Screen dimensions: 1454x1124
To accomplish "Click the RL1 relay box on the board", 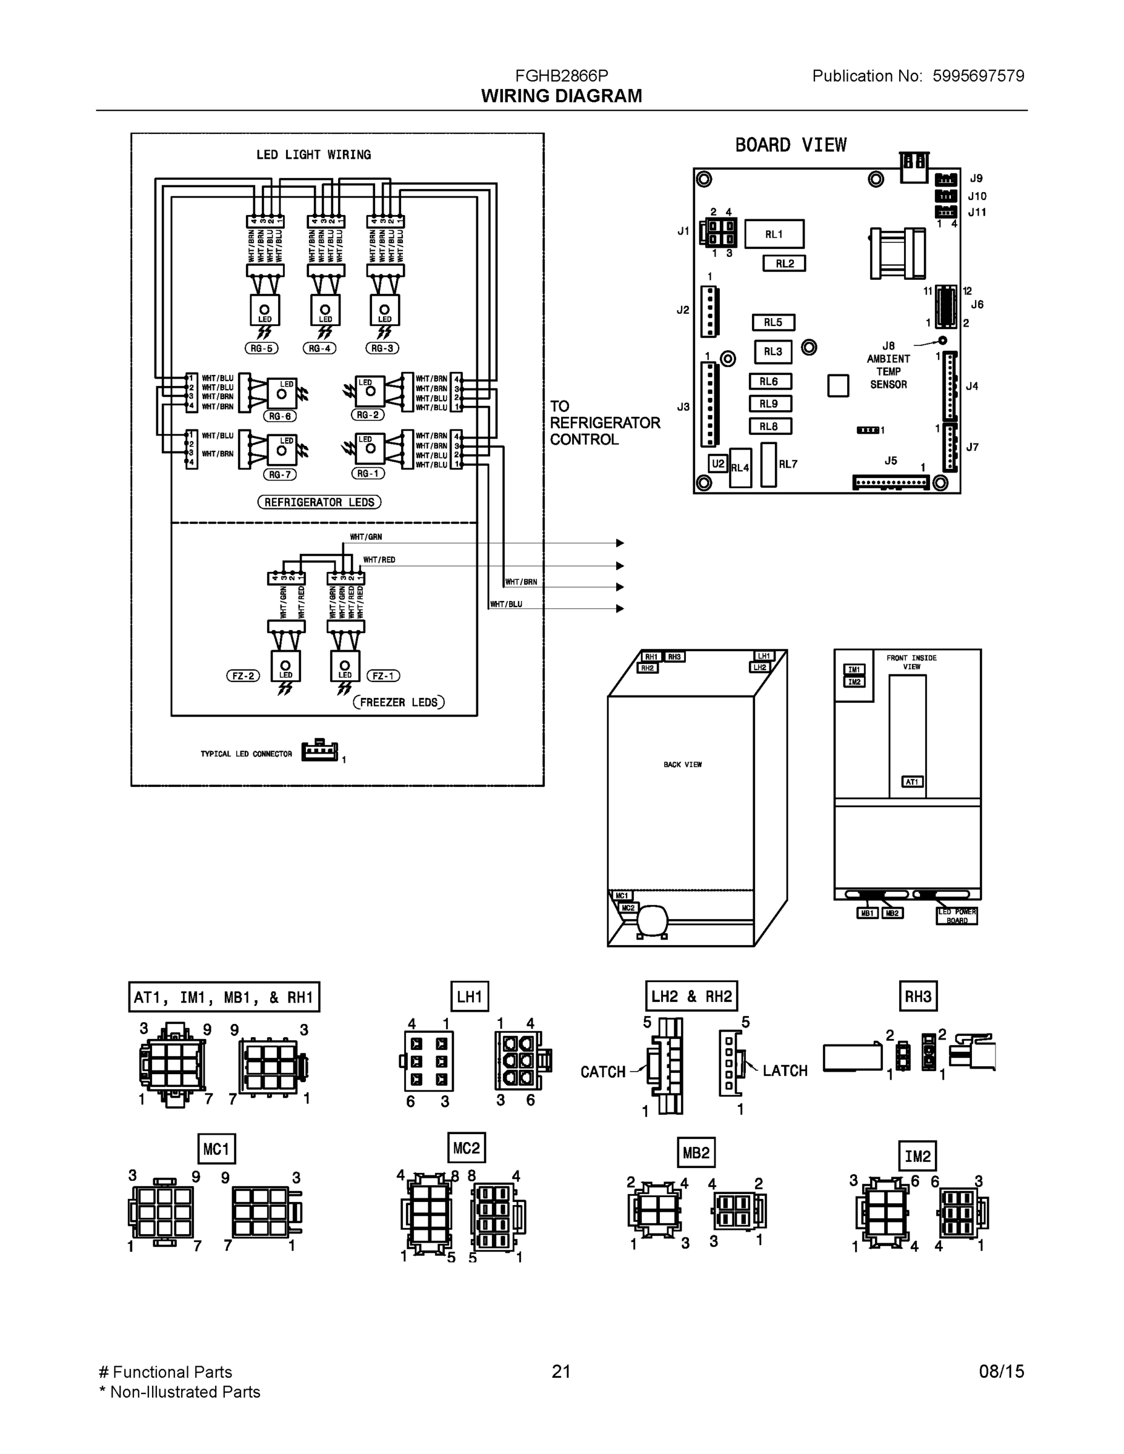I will click(774, 234).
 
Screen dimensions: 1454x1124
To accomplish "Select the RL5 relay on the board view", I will click(773, 322).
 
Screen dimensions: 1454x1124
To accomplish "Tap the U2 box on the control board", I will click(717, 463).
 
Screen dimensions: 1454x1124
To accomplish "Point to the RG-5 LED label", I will click(262, 348).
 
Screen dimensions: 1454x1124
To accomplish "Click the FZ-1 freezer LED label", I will click(383, 676).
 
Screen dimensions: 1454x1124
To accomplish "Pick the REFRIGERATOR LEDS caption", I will click(319, 502).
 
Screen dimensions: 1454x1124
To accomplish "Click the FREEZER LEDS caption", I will click(398, 702).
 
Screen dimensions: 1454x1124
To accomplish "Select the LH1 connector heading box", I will click(469, 997).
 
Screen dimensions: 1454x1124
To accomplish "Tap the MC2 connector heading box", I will click(466, 1148).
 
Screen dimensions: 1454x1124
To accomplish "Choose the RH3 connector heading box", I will click(917, 997).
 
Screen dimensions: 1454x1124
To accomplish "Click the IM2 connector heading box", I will click(917, 1157).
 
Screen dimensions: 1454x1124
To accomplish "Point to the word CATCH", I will click(603, 1072).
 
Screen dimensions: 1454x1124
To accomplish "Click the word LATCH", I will click(785, 1071).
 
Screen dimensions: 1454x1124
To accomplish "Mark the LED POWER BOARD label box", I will click(957, 916).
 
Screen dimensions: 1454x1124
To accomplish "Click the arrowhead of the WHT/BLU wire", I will click(620, 608).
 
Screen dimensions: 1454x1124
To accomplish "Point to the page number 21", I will click(561, 1372).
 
